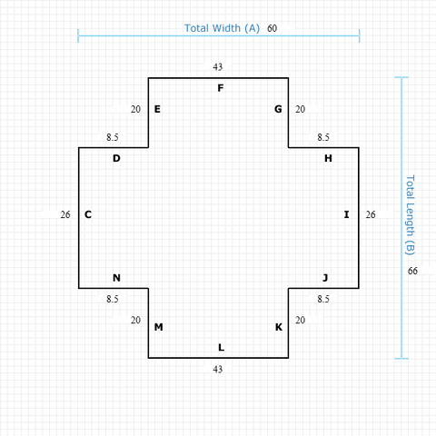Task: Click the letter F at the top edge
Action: [220, 88]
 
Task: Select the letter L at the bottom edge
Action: [220, 347]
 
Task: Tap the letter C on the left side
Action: [88, 214]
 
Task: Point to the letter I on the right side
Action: [346, 214]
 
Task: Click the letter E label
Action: [157, 109]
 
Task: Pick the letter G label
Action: [278, 109]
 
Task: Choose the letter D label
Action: [116, 158]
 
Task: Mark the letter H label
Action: [328, 158]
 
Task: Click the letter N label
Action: [116, 278]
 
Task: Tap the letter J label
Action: [325, 278]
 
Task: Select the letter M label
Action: [158, 327]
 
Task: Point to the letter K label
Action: [279, 327]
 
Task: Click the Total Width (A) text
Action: [222, 28]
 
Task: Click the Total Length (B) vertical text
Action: [410, 214]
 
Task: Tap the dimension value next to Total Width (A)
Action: [272, 28]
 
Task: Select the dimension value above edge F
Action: [218, 66]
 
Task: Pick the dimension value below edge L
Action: [218, 369]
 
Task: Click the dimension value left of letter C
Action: [64, 214]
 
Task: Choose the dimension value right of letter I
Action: [371, 214]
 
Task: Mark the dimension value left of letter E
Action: [135, 109]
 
